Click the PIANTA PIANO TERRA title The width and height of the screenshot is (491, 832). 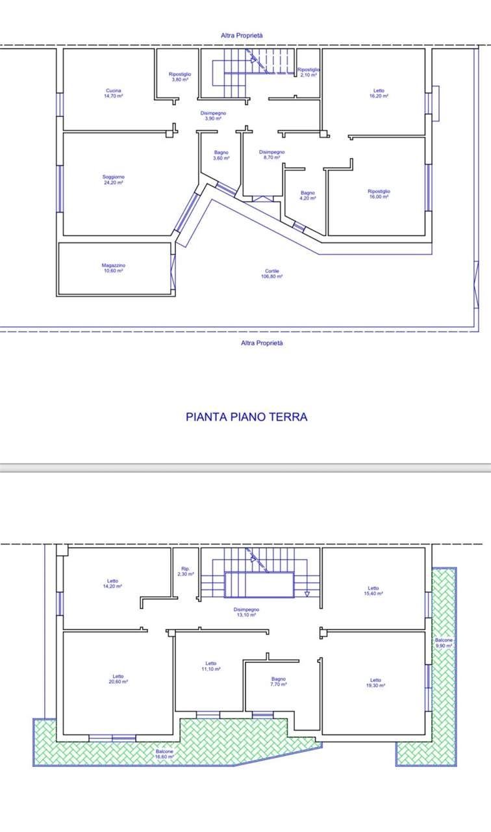(x=246, y=417)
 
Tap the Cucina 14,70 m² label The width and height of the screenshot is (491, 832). (x=114, y=93)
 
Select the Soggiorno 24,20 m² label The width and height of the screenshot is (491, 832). (x=114, y=180)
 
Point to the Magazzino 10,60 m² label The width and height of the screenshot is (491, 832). (x=114, y=268)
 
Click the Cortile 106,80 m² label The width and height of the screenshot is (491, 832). (x=272, y=274)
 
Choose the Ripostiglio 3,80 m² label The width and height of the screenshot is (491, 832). (x=180, y=77)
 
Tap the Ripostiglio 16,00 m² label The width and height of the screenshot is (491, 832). (x=379, y=194)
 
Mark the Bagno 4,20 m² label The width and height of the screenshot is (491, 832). (x=308, y=196)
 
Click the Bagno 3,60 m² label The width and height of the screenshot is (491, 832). (x=221, y=155)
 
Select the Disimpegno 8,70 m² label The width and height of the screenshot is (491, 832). (x=272, y=155)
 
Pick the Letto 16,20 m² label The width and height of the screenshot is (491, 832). (x=379, y=93)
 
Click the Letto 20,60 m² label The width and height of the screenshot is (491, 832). (x=118, y=679)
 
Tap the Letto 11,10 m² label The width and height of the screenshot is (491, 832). (x=211, y=666)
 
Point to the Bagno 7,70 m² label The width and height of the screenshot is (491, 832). (x=279, y=682)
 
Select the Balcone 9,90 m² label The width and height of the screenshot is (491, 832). (x=444, y=643)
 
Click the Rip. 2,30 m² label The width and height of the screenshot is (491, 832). (x=186, y=571)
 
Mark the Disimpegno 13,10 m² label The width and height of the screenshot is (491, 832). (x=246, y=612)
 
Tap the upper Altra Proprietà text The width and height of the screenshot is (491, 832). (x=242, y=36)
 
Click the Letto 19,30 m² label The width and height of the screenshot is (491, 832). (x=375, y=682)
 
